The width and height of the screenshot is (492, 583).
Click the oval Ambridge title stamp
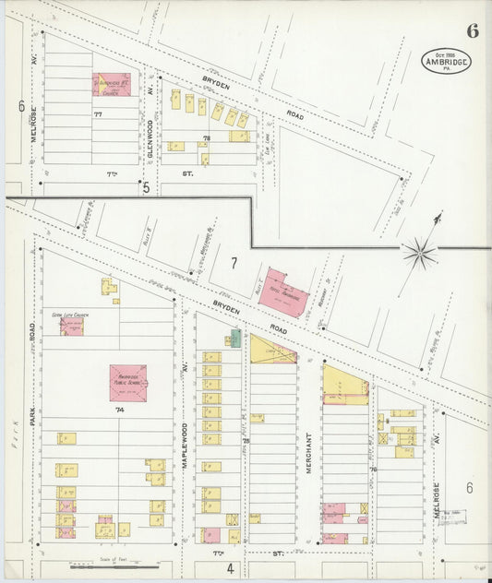(x=447, y=61)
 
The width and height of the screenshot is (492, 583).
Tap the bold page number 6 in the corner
(x=473, y=30)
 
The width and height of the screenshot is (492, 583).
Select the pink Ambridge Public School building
(x=127, y=383)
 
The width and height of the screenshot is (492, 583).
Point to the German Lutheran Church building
(x=71, y=326)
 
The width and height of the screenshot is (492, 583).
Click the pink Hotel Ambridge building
(x=283, y=293)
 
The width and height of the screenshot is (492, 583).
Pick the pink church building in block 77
(x=112, y=85)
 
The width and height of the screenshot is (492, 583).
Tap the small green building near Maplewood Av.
(x=235, y=338)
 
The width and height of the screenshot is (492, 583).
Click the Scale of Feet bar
(x=110, y=565)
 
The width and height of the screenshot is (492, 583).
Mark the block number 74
(x=119, y=408)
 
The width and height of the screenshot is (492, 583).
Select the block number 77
(x=97, y=113)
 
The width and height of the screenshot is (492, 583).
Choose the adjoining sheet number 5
(x=146, y=187)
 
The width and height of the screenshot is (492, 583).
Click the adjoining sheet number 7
(x=234, y=264)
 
